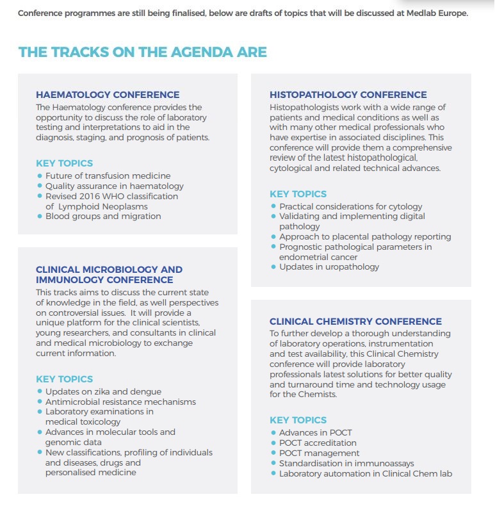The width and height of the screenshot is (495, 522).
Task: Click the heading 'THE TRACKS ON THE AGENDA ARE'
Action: (142, 53)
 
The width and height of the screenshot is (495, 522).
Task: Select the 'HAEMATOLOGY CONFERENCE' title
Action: (108, 95)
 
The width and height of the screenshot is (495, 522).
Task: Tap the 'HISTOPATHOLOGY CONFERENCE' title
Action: (348, 95)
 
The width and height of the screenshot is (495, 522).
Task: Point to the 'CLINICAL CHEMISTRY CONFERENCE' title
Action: (355, 322)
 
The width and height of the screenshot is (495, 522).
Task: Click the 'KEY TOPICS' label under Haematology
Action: (64, 163)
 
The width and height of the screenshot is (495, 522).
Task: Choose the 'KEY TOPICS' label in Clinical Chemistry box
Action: (298, 420)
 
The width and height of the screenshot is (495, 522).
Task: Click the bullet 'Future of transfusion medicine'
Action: (108, 175)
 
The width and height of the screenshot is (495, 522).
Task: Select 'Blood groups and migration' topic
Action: (103, 216)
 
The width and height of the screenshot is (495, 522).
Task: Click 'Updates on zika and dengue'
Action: (103, 391)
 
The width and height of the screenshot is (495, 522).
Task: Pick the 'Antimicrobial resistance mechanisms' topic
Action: (120, 402)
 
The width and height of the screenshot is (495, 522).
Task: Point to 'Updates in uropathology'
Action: (329, 266)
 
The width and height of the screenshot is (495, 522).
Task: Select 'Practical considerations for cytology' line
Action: (350, 206)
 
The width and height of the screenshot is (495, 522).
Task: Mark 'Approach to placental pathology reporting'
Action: (365, 236)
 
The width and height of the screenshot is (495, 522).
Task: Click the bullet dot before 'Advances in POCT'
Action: (273, 433)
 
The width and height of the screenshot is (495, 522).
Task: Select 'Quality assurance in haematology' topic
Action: (114, 186)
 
